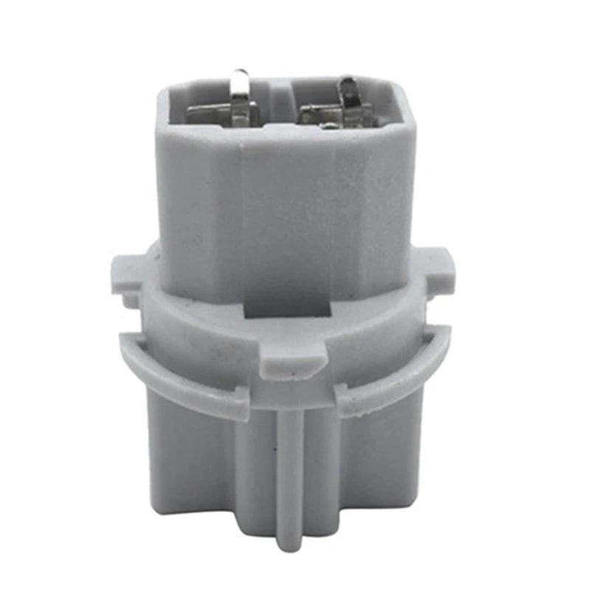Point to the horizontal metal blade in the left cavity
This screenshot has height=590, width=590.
pos(210,114)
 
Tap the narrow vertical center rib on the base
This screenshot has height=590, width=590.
pos(290,472)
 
